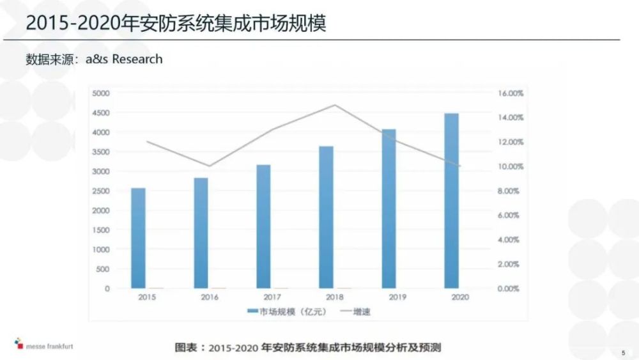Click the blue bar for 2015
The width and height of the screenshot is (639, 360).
[138, 238]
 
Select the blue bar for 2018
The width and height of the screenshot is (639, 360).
[326, 217]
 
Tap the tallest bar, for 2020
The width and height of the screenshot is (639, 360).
[451, 201]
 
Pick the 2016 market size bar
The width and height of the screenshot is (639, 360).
[201, 233]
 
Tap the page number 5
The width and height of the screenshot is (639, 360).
[623, 352]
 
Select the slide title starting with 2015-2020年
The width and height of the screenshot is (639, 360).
[176, 24]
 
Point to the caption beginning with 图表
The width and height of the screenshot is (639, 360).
[309, 348]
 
